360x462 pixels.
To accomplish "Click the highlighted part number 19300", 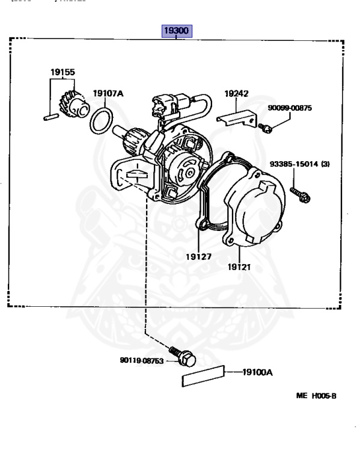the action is tap(177, 31).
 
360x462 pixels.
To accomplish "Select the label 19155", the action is tap(63, 72).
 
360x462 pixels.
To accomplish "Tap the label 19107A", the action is tap(108, 93).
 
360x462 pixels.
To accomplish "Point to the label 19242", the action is tap(236, 94).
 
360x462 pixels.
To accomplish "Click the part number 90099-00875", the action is tap(290, 108).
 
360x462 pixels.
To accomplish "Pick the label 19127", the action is tap(199, 257).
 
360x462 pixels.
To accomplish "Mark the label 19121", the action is tap(239, 267).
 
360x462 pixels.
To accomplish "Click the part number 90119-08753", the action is tap(142, 360).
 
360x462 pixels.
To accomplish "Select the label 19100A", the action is tap(258, 372).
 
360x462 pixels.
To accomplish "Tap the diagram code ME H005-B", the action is tap(316, 396).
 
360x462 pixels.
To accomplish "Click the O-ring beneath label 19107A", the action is tap(101, 121).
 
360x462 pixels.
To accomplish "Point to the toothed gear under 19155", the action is tap(73, 104).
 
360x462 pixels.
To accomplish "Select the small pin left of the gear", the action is tap(51, 117).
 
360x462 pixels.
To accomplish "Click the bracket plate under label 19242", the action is tap(237, 119).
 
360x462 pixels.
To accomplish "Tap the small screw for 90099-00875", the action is tap(266, 128).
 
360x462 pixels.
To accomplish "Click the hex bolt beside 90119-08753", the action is tap(183, 357).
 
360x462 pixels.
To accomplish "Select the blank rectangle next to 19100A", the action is tap(203, 376).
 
